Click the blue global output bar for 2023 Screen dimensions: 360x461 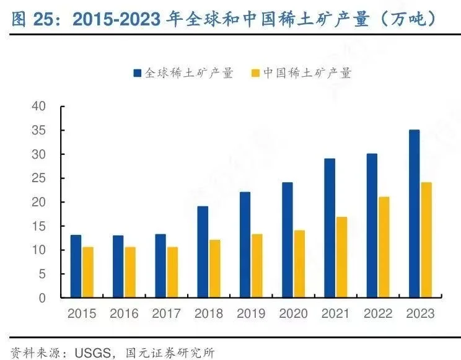[415, 214]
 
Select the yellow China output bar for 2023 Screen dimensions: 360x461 [427, 240]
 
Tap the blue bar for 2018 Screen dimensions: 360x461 [203, 252]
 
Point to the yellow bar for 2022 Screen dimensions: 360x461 [385, 247]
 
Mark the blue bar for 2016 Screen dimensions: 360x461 [118, 266]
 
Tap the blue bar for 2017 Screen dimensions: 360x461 [160, 266]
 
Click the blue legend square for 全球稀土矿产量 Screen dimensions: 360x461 [137, 73]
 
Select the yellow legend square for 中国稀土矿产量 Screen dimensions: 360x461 [253, 73]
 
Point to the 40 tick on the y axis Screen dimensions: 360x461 [38, 107]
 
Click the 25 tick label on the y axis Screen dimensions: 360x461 [38, 178]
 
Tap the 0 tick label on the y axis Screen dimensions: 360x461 [42, 298]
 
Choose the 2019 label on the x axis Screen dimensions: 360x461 [251, 314]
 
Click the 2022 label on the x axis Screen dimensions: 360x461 [378, 314]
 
